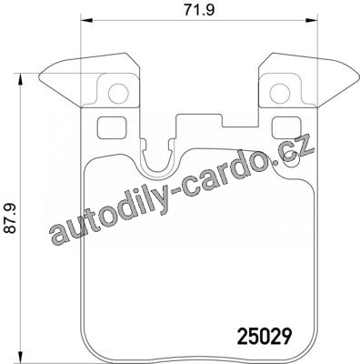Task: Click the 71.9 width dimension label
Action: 199,10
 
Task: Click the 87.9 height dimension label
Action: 11,218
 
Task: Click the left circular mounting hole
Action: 118,93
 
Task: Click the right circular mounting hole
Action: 280,93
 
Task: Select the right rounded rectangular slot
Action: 286,127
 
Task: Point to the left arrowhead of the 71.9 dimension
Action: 85,20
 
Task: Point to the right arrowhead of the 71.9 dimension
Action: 311,20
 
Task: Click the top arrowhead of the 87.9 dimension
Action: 20,79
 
